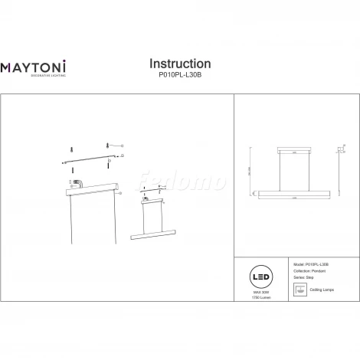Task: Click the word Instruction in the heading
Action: (179, 64)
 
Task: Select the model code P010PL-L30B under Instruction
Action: (179, 77)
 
